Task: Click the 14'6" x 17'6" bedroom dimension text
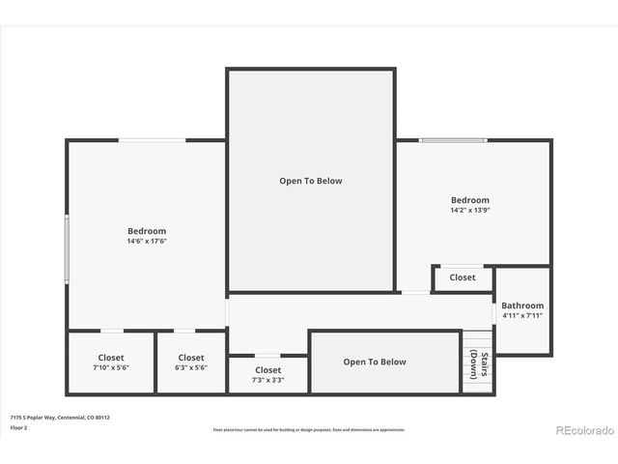[147, 242]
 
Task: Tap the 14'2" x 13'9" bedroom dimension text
[469, 210]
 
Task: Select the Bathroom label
[521, 305]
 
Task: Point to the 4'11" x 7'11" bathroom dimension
[521, 315]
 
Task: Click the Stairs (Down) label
[477, 365]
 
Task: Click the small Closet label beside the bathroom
[463, 277]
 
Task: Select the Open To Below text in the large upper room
[311, 181]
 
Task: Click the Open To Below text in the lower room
[375, 362]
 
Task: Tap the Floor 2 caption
[19, 426]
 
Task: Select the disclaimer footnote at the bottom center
[309, 429]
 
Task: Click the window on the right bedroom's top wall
[452, 140]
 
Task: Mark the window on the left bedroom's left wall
[67, 248]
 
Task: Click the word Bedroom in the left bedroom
[147, 231]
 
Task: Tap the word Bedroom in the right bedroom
[469, 200]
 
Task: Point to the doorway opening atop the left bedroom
[152, 140]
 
